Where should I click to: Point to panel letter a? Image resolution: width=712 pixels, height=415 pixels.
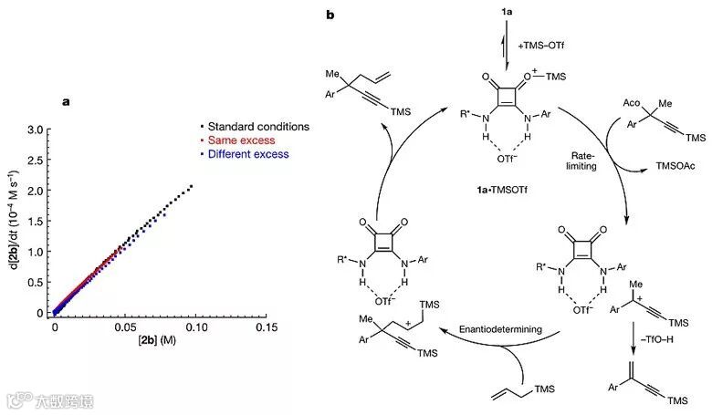tap(66, 101)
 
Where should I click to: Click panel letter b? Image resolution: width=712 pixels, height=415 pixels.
tap(340, 15)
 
